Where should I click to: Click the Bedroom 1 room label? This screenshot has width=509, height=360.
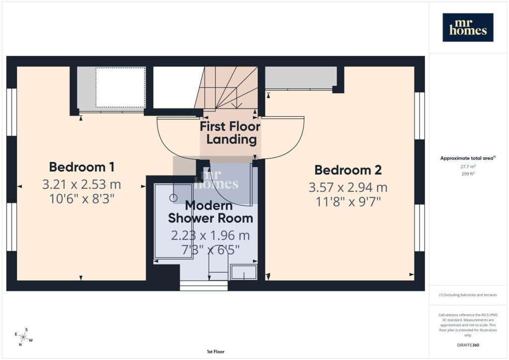click(82, 167)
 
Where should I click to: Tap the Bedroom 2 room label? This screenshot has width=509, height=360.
click(348, 170)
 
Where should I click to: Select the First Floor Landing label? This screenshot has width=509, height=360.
click(230, 133)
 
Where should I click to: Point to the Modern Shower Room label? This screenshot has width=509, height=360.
click(210, 212)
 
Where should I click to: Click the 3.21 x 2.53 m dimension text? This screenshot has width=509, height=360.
click(82, 184)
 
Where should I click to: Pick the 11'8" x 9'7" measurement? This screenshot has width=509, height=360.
click(348, 202)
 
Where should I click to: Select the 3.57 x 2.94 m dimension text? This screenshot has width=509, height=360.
click(348, 187)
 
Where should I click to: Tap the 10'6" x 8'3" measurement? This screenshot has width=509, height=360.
click(82, 198)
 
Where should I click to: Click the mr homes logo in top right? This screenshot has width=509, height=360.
click(468, 27)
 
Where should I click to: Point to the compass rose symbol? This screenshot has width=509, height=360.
click(23, 337)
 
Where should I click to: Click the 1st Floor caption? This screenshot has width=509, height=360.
click(216, 352)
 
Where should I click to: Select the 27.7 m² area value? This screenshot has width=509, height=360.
click(468, 167)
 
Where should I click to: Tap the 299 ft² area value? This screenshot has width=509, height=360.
click(468, 174)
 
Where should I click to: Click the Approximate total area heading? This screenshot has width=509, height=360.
click(468, 159)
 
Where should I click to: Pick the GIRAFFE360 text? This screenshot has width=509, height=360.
click(468, 345)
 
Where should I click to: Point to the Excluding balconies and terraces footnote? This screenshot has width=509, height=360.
click(468, 295)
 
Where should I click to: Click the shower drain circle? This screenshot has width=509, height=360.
click(173, 197)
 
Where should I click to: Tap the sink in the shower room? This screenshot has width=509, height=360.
click(244, 272)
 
